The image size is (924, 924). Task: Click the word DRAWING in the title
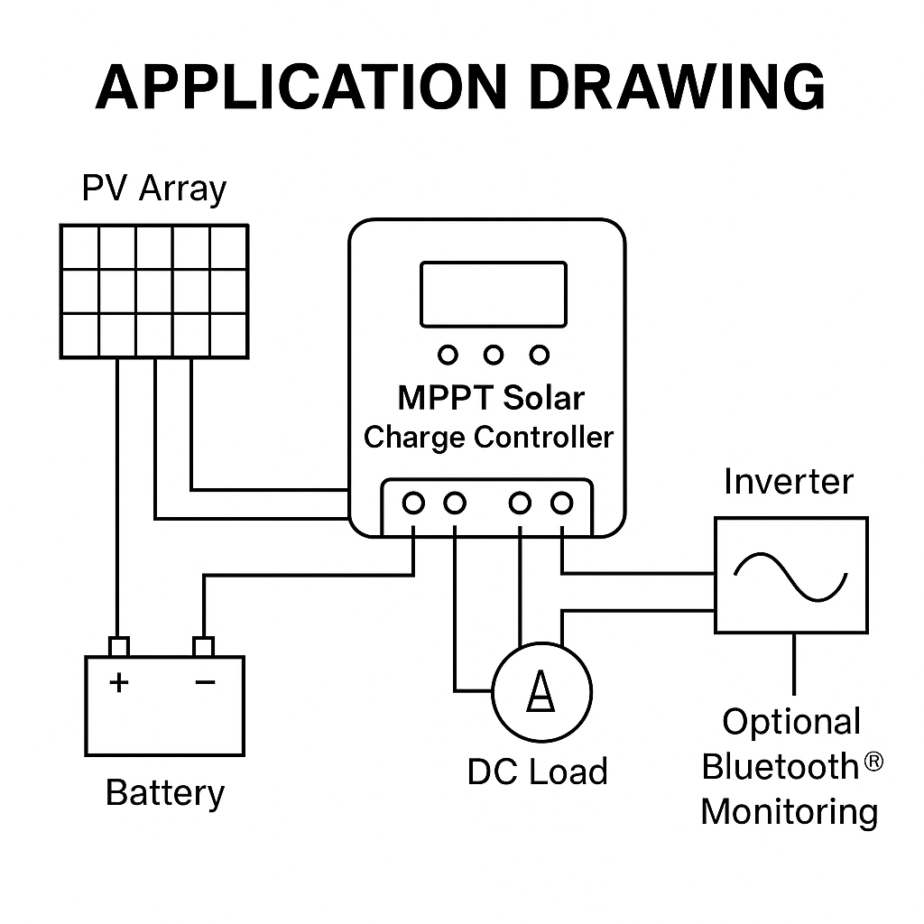pyautogui.click(x=678, y=87)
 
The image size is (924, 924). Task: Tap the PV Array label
pyautogui.click(x=153, y=189)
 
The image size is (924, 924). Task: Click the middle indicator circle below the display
pyautogui.click(x=494, y=355)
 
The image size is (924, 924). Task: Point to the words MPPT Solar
pyautogui.click(x=491, y=398)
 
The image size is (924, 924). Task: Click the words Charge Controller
pyautogui.click(x=488, y=438)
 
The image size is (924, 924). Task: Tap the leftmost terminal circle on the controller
pyautogui.click(x=413, y=504)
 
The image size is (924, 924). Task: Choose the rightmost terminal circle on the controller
pyautogui.click(x=561, y=504)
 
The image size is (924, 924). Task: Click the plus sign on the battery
pyautogui.click(x=119, y=682)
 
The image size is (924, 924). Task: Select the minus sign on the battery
pyautogui.click(x=205, y=682)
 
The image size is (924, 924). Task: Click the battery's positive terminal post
pyautogui.click(x=119, y=646)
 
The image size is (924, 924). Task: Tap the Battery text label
pyautogui.click(x=165, y=793)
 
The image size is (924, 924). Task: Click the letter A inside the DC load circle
pyautogui.click(x=541, y=691)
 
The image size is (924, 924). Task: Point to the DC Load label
pyautogui.click(x=538, y=772)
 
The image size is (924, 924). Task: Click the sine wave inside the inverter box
pyautogui.click(x=790, y=577)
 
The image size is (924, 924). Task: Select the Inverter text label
pyautogui.click(x=789, y=482)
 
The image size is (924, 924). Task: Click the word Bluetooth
pyautogui.click(x=781, y=767)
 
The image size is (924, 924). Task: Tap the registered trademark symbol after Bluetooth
pyautogui.click(x=873, y=762)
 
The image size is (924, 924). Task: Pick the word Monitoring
pyautogui.click(x=790, y=813)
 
